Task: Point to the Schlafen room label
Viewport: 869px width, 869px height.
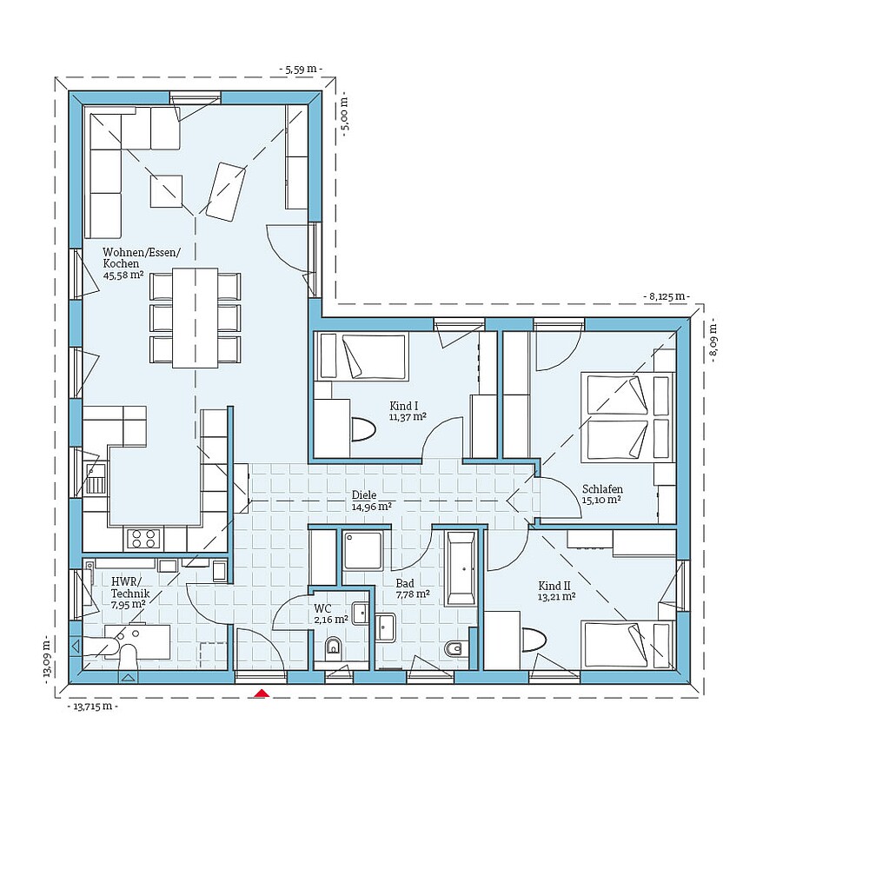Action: click(602, 494)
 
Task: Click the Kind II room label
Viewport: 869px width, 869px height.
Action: click(556, 591)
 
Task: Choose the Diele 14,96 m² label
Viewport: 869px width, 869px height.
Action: click(371, 500)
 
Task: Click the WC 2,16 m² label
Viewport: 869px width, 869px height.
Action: click(330, 614)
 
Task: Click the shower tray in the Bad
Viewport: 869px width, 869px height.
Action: click(364, 549)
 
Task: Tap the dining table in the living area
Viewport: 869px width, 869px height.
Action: click(195, 317)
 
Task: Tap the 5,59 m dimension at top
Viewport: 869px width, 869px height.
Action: click(300, 68)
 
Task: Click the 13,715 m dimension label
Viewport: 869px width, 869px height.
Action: click(92, 706)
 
